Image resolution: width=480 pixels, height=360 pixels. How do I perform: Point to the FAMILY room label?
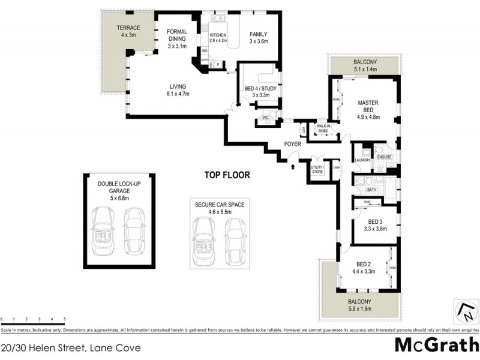point(259,34)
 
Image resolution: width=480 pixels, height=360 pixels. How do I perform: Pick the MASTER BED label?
point(367,106)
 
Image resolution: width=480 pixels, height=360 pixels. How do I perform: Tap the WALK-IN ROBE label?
point(324,128)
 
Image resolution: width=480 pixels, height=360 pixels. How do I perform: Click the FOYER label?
point(293,144)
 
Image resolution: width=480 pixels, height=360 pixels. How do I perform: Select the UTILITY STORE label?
point(317,170)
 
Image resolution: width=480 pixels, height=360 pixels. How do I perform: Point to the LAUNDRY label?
point(362,160)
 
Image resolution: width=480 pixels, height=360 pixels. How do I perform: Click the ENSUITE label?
point(384,157)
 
